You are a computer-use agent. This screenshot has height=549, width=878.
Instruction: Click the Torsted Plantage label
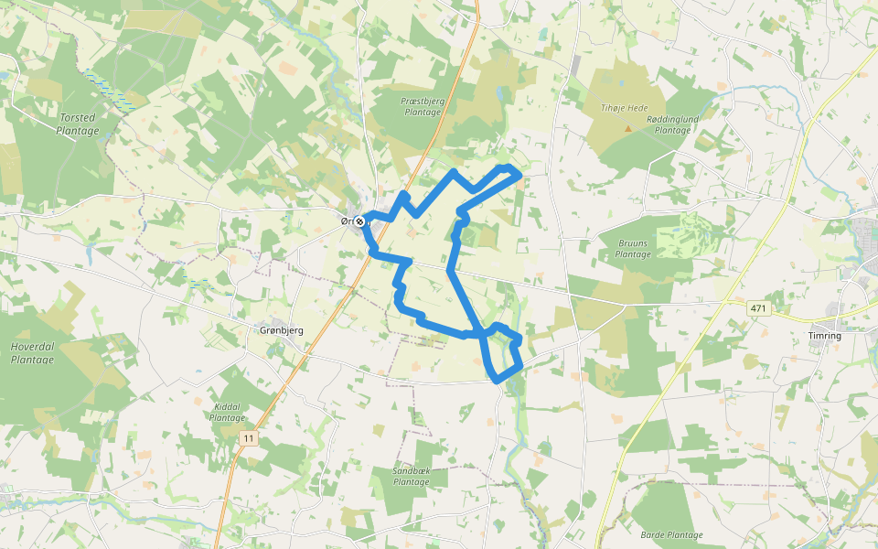(x=77, y=124)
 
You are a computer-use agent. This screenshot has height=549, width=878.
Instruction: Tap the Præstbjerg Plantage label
(x=422, y=106)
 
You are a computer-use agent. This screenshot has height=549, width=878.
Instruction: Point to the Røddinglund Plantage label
(x=672, y=125)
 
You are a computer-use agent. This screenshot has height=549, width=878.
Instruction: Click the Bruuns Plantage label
(x=633, y=249)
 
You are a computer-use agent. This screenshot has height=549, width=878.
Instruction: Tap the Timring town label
(x=824, y=336)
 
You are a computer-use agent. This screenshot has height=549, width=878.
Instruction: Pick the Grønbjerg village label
(x=282, y=330)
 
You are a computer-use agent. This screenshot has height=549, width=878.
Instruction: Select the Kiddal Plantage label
(x=227, y=412)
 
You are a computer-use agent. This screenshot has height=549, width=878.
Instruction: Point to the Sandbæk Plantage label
(x=411, y=476)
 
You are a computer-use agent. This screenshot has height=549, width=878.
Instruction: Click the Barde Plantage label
(x=671, y=535)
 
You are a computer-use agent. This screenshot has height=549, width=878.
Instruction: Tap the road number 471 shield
(x=758, y=309)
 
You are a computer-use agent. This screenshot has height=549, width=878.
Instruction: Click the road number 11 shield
(x=249, y=439)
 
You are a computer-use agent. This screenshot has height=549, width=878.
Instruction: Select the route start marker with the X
(x=360, y=221)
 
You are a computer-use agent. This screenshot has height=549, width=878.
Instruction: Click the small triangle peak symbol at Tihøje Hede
(x=627, y=128)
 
